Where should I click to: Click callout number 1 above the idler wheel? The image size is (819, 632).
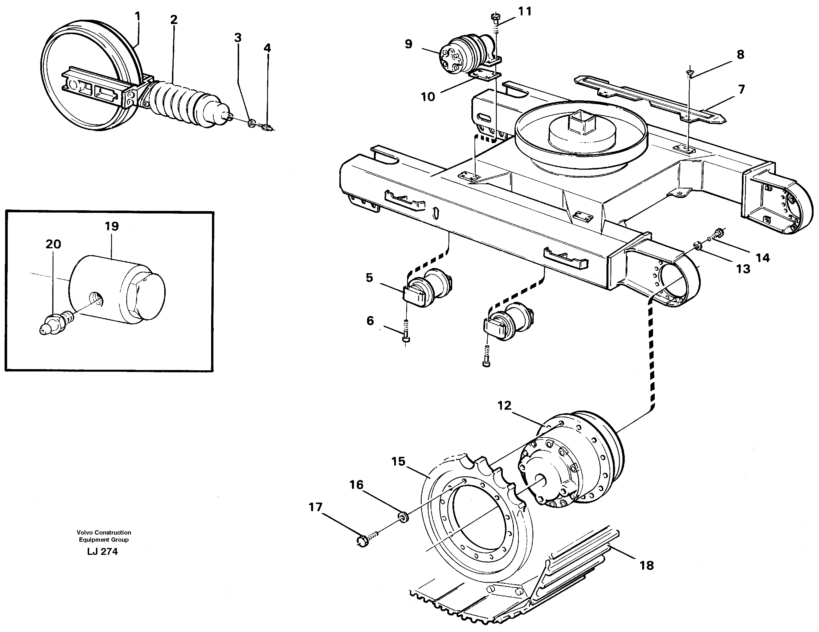click(x=138, y=17)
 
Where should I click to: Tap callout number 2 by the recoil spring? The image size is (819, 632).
click(x=174, y=20)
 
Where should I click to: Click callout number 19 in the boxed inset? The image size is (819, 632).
click(x=112, y=226)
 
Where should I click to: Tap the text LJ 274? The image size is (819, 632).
click(x=102, y=552)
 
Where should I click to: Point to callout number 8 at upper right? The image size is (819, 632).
click(x=740, y=55)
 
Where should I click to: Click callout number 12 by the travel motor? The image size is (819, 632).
click(x=504, y=405)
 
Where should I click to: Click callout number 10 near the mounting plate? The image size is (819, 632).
click(x=428, y=97)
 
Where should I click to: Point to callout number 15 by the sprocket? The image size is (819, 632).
click(x=398, y=461)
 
